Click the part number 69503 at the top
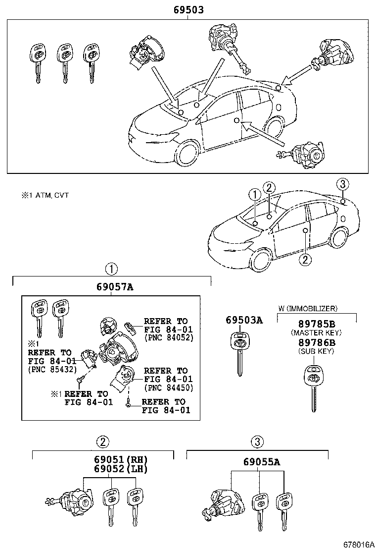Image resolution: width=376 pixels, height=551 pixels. (x=188, y=10)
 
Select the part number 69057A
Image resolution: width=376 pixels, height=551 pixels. (x=112, y=287)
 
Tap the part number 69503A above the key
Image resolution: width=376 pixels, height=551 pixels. (x=244, y=320)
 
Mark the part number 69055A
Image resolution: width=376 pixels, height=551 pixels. (x=261, y=462)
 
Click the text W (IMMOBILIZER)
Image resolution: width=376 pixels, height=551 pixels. (x=308, y=308)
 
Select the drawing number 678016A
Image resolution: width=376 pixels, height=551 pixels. (x=357, y=544)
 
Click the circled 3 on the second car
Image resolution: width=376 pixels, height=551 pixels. (x=342, y=184)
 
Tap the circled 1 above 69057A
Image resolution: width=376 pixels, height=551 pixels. (x=112, y=269)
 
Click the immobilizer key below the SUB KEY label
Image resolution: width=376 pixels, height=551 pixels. (x=313, y=386)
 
